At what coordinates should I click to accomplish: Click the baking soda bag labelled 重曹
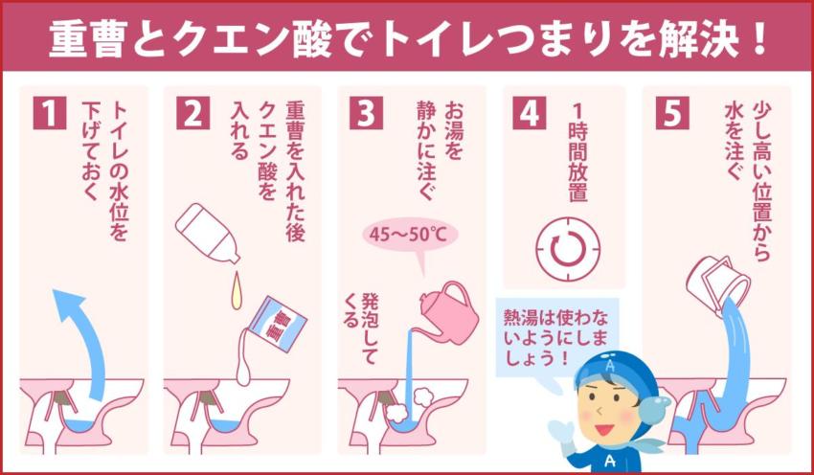(272, 321)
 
